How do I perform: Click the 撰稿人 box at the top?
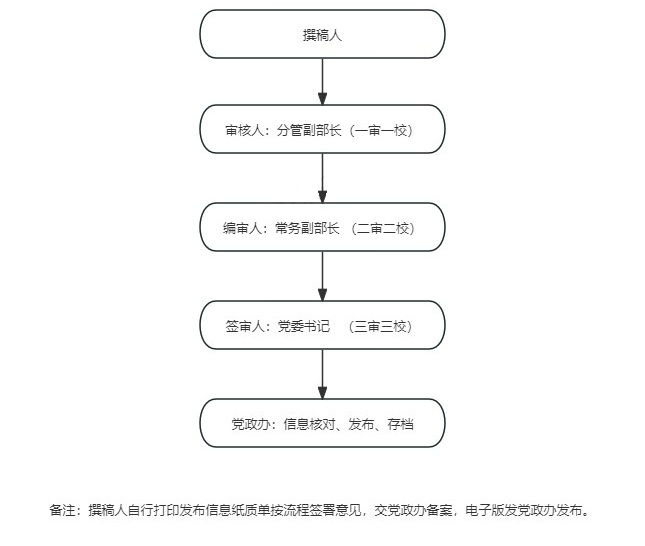click(x=322, y=34)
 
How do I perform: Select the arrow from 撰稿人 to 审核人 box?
click(x=322, y=81)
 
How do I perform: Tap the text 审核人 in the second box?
click(x=244, y=130)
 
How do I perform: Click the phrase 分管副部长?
click(x=309, y=130)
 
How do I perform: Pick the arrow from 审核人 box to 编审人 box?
click(x=322, y=178)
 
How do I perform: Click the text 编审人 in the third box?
click(x=242, y=228)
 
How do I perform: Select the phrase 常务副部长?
click(x=307, y=228)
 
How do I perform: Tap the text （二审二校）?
click(x=383, y=228)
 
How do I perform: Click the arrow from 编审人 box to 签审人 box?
click(x=322, y=276)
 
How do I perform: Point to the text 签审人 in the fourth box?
click(x=244, y=326)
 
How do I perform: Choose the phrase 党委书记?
click(x=304, y=326)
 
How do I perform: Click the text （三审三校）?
click(x=380, y=326)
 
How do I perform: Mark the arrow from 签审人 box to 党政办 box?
click(x=322, y=374)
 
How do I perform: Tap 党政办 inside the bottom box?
click(x=251, y=424)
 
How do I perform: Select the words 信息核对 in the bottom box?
click(x=309, y=424)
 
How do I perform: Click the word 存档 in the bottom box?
click(x=400, y=424)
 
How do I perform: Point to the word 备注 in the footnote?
click(x=62, y=510)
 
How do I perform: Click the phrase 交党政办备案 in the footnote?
click(x=413, y=510)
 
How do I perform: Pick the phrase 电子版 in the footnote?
click(x=485, y=510)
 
